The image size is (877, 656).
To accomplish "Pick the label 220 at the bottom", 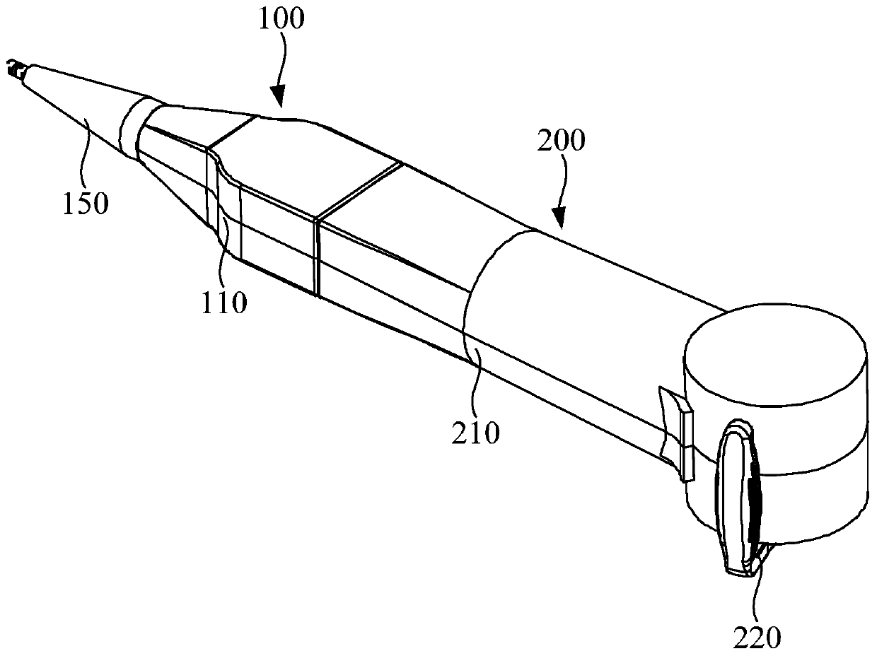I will point(757,638).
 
